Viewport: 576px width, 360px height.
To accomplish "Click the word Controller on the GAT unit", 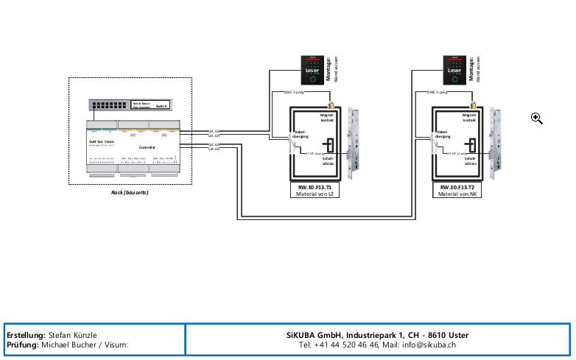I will (147, 147).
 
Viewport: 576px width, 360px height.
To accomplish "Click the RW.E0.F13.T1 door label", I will (315, 188).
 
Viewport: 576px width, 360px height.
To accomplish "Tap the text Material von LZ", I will (315, 194).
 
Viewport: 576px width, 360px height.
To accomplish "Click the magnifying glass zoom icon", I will (537, 119).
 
